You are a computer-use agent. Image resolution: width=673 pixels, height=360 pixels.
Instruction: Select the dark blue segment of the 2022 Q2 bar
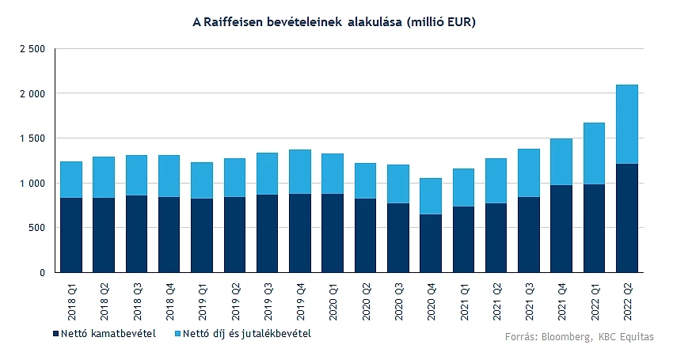click(626, 218)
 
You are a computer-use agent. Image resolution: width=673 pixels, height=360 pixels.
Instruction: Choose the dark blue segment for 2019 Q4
click(300, 233)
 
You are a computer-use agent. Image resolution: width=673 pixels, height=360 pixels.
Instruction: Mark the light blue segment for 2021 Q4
click(561, 162)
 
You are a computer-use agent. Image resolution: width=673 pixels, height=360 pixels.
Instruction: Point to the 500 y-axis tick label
click(37, 228)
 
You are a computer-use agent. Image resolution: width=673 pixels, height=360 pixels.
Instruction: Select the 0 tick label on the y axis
click(42, 273)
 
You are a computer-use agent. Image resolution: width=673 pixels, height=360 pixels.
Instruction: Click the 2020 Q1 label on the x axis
click(333, 297)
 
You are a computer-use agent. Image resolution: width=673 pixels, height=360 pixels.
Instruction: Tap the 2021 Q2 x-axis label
click(496, 297)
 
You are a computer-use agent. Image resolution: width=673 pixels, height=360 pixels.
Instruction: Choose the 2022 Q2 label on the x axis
click(627, 297)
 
